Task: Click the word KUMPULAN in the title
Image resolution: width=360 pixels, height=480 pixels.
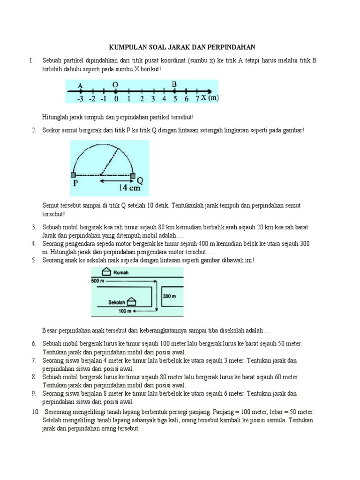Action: [125, 47]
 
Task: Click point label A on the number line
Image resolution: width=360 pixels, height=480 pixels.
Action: [80, 85]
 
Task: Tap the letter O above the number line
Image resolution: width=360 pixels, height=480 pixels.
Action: [115, 84]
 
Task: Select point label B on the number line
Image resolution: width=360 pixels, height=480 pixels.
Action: [174, 84]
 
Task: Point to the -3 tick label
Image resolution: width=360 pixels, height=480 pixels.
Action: [80, 99]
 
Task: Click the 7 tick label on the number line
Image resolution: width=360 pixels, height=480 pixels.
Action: [197, 98]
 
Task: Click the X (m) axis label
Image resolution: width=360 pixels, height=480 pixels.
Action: [210, 98]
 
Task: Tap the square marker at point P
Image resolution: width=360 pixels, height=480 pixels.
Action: [73, 175]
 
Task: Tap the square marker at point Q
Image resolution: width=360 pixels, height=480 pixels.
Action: [133, 175]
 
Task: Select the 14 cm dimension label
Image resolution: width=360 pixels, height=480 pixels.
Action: [128, 188]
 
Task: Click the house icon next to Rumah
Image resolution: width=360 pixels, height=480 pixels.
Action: [106, 272]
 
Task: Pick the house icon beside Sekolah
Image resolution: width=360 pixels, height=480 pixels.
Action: [133, 300]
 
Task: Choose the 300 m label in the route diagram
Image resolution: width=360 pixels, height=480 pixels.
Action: [169, 296]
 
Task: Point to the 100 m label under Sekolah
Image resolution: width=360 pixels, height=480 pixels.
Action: [123, 311]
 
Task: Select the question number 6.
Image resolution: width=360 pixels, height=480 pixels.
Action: [34, 344]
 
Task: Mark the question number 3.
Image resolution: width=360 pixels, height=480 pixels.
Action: [34, 227]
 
